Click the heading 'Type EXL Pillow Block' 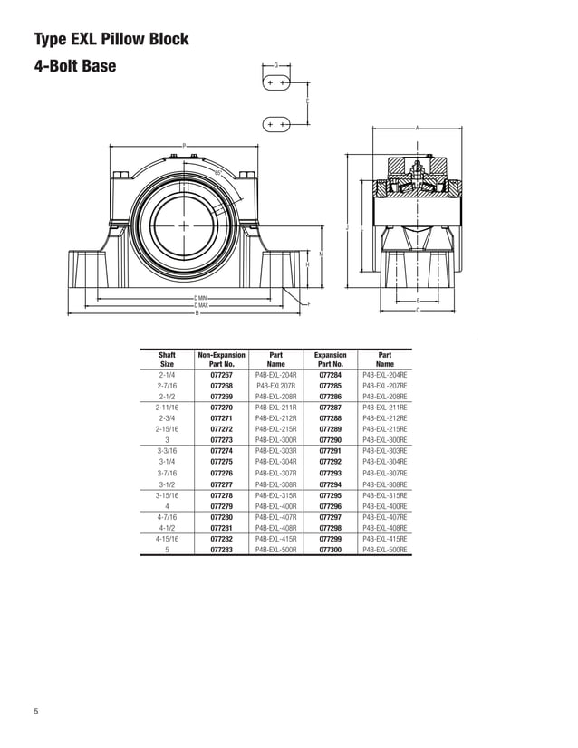tap(111, 39)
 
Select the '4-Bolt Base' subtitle tap(75, 67)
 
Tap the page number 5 tap(36, 711)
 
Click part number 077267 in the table tap(221, 374)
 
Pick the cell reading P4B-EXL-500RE tap(384, 549)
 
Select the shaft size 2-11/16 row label tap(167, 408)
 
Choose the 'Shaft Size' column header tap(167, 359)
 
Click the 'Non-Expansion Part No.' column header tap(221, 359)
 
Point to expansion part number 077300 tap(330, 549)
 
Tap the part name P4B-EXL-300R tap(275, 440)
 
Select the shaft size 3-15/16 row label tap(167, 495)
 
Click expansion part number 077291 tap(330, 451)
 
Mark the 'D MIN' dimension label tap(200, 297)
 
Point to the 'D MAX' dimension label tap(200, 305)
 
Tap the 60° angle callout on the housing tap(218, 172)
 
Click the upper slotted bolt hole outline tap(276, 83)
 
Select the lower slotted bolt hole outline tap(276, 123)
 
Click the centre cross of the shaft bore tap(184, 225)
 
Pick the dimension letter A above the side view tap(417, 128)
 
